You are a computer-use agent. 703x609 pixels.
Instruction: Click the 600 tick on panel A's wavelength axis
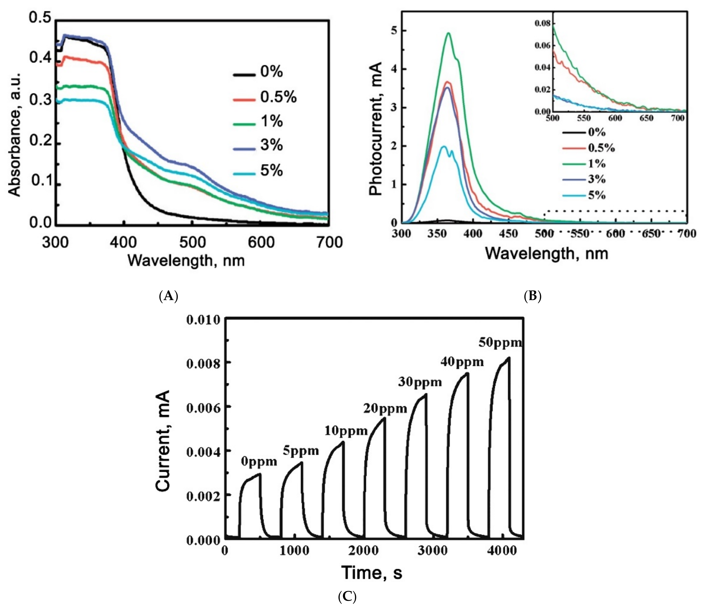pyautogui.click(x=260, y=243)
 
